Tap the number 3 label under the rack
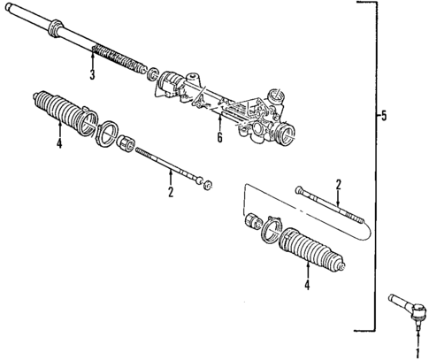92,74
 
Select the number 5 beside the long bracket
383,115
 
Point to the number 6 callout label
216,138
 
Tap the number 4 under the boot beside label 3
59,146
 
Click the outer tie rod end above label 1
405,309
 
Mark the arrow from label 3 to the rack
92,60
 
